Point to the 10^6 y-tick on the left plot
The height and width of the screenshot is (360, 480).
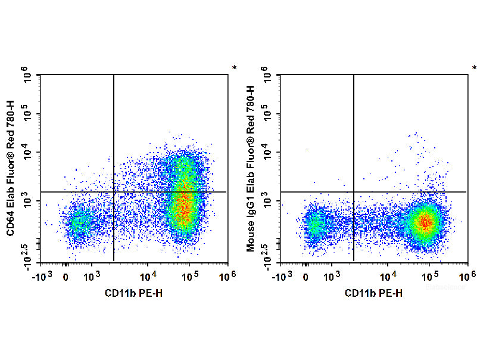click(27, 75)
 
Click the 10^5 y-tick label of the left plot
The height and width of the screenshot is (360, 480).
click(27, 114)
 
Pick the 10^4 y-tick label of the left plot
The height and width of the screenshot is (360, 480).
click(27, 152)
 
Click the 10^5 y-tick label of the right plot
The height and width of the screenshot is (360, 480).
click(268, 114)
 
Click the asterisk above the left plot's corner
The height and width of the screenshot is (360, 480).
click(235, 69)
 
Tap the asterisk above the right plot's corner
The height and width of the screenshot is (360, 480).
click(475, 69)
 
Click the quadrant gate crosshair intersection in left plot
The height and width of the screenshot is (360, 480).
click(113, 192)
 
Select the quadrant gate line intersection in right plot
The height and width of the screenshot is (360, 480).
click(354, 192)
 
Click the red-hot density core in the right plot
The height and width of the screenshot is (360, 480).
click(425, 223)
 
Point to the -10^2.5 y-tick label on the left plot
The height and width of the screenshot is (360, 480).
click(27, 255)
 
